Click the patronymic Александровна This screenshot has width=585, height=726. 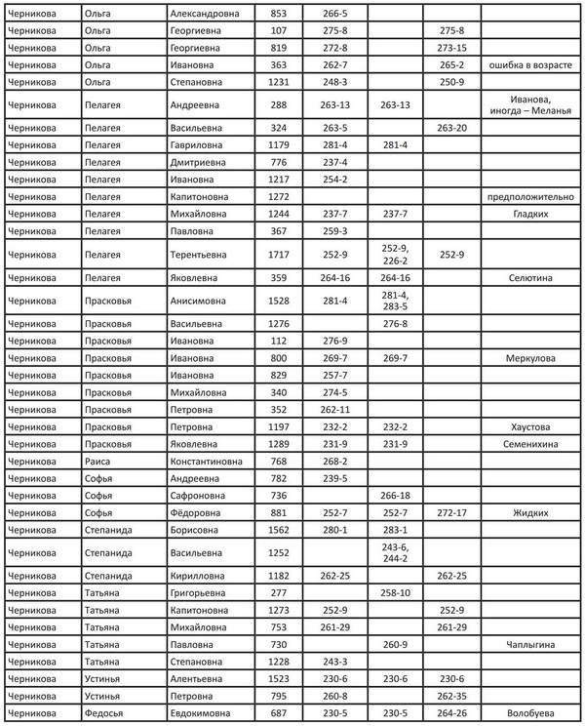[209, 14]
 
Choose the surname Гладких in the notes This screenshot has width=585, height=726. [530, 213]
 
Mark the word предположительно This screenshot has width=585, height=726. [530, 196]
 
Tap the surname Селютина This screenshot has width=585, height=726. [530, 277]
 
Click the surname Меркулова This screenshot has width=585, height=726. [530, 358]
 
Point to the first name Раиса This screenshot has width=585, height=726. [98, 461]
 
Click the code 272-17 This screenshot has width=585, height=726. [451, 512]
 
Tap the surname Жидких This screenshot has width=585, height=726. [530, 512]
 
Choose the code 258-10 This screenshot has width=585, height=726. [395, 592]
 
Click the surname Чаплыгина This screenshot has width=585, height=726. [530, 644]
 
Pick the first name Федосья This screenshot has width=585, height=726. [104, 713]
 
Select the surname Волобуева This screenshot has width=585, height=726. [530, 713]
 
